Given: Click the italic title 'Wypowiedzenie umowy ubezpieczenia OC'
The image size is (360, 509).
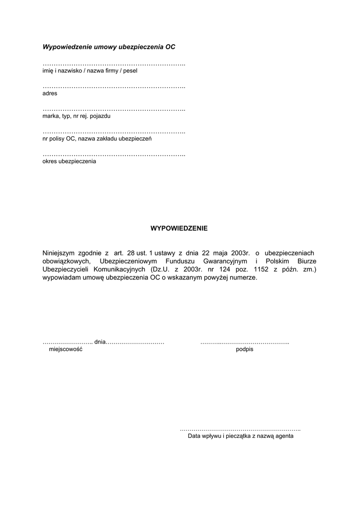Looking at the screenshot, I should pyautogui.click(x=109, y=47).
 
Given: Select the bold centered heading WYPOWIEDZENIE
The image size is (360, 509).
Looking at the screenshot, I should pyautogui.click(x=179, y=229).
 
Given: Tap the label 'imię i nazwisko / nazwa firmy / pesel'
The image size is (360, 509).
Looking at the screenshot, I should pyautogui.click(x=90, y=71).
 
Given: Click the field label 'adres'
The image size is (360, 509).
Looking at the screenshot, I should pyautogui.click(x=50, y=93).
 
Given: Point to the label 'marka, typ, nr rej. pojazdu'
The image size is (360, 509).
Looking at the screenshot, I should pyautogui.click(x=77, y=116).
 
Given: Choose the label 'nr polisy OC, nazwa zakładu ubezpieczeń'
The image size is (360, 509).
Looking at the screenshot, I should pyautogui.click(x=97, y=139).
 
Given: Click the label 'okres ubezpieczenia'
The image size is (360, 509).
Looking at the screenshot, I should pyautogui.click(x=70, y=162).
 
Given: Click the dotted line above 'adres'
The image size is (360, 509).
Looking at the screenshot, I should pyautogui.click(x=114, y=87).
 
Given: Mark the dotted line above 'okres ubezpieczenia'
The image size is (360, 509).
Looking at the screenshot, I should pyautogui.click(x=114, y=155).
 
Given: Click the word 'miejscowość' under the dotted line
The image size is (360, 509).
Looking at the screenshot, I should pyautogui.click(x=65, y=349).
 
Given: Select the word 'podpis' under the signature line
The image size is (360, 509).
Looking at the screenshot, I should pyautogui.click(x=245, y=349).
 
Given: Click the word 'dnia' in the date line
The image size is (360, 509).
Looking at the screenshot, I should pyautogui.click(x=100, y=342).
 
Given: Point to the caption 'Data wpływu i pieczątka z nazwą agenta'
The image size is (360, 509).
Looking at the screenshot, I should pyautogui.click(x=241, y=436).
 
